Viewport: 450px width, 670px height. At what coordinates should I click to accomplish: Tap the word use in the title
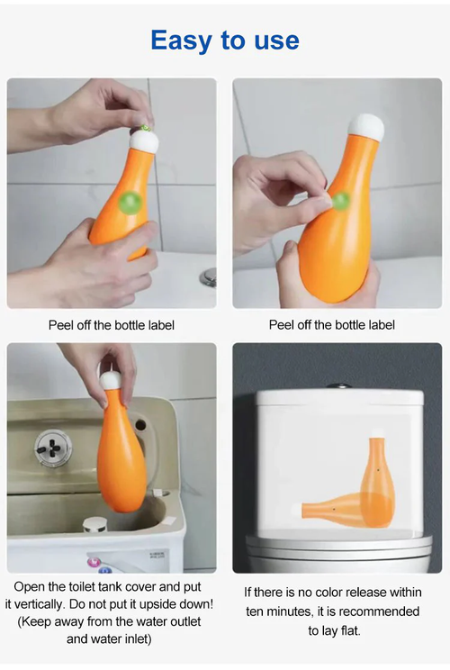(272, 41)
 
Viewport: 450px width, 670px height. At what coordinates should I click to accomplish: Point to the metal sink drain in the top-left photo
(208, 276)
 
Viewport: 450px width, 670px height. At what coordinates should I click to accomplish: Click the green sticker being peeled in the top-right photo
(341, 201)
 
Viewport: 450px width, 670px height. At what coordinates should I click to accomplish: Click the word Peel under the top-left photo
(62, 324)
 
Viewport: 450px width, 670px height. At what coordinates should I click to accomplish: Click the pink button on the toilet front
(91, 563)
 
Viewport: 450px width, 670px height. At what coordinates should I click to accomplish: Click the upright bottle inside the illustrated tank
(377, 482)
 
